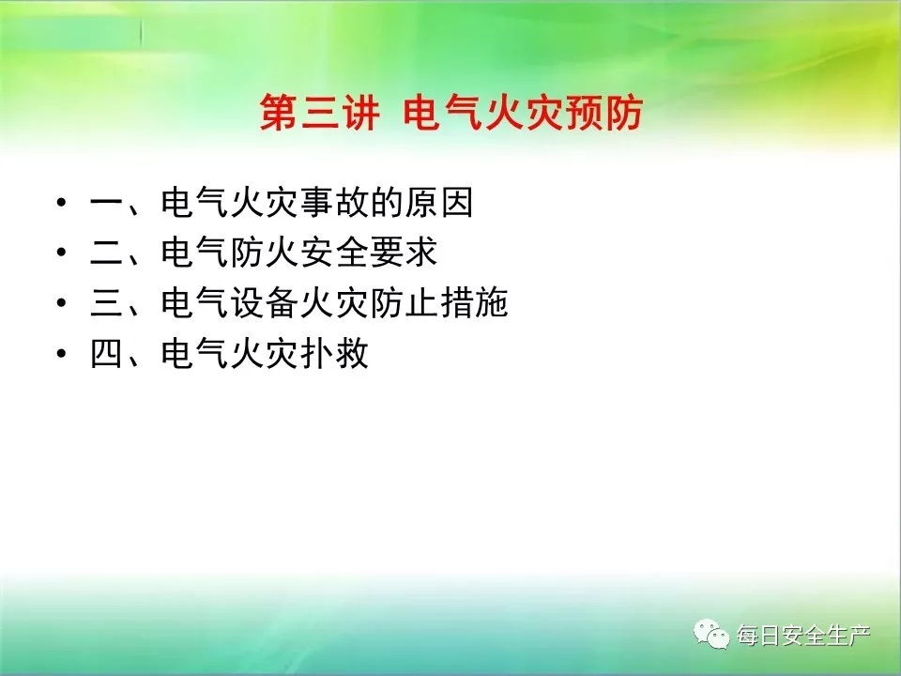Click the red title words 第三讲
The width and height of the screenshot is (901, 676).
point(319,112)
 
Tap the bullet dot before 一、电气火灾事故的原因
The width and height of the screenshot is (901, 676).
point(62,203)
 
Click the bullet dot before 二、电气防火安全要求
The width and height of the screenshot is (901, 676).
point(62,252)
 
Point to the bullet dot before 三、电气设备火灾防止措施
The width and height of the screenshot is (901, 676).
point(62,302)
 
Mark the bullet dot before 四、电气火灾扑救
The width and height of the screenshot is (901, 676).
point(62,352)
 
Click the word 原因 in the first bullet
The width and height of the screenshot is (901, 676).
point(439,202)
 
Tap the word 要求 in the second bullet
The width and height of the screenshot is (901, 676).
point(404,252)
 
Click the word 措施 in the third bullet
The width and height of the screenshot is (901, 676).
point(475,302)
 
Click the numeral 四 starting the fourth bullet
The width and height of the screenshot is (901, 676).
point(107,353)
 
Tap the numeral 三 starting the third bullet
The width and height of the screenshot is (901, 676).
point(107,303)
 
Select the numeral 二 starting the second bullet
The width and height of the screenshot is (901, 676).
point(107,253)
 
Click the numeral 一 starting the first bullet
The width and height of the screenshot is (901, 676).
point(107,203)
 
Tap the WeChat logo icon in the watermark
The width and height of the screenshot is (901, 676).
point(711,634)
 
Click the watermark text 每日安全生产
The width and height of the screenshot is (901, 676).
point(803,636)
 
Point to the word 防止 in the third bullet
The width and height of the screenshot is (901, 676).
point(405,302)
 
